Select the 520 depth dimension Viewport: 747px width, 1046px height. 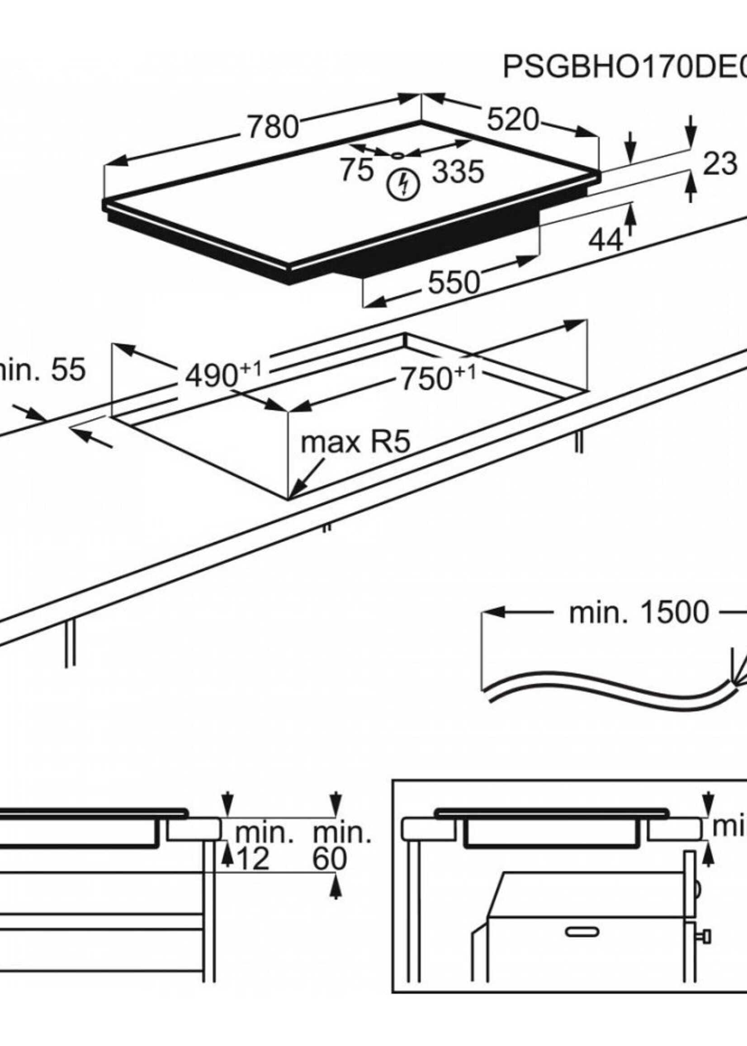click(x=512, y=120)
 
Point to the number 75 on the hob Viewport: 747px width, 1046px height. click(x=357, y=169)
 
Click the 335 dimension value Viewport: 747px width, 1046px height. click(x=458, y=171)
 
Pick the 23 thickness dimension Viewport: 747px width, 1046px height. click(x=720, y=164)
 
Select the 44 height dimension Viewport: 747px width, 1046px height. click(x=606, y=240)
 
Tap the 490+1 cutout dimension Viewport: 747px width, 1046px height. click(x=222, y=374)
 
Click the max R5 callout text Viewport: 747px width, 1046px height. click(x=355, y=443)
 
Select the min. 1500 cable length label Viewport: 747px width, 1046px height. click(x=639, y=613)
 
